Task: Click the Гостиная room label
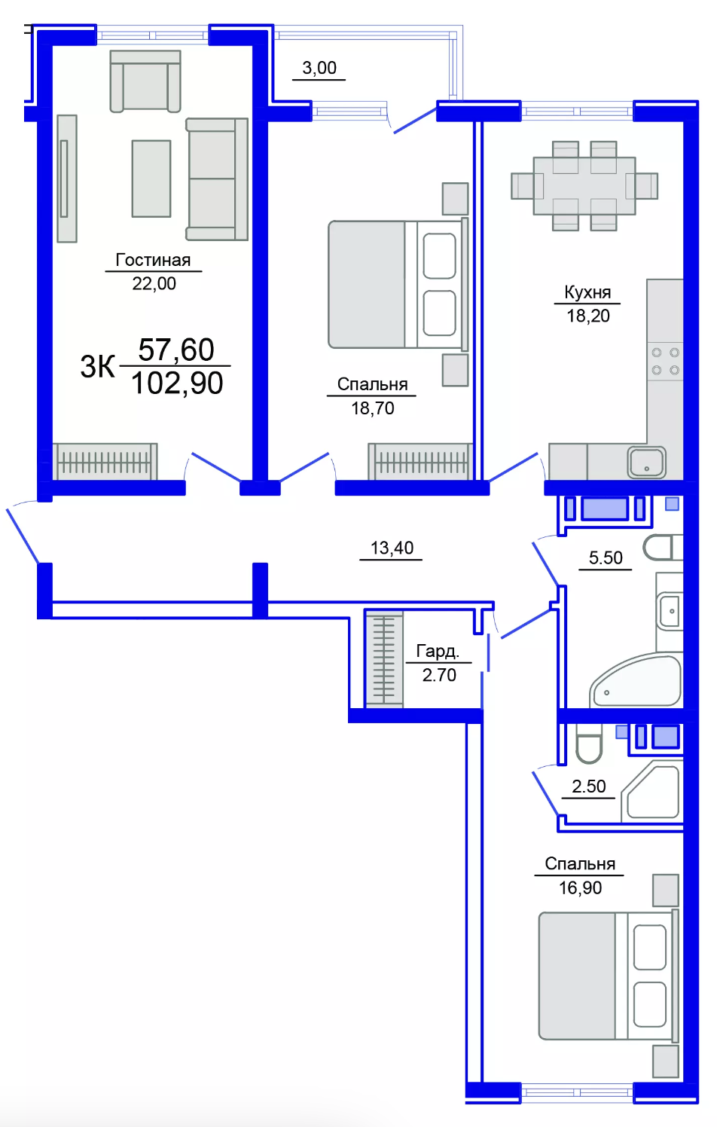tap(153, 260)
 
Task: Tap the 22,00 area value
tap(154, 284)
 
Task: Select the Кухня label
tap(587, 292)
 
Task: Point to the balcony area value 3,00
tap(319, 68)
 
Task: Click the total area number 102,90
tap(177, 383)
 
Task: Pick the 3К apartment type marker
tap(97, 366)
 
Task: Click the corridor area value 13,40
tap(392, 548)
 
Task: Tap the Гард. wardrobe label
tap(438, 652)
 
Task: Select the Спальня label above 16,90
tap(580, 864)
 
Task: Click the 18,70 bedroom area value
tap(372, 408)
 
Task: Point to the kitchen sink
tap(646, 463)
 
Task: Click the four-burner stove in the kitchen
tap(665, 362)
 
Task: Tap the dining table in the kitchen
tap(584, 185)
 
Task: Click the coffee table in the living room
tap(151, 179)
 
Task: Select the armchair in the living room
tap(145, 81)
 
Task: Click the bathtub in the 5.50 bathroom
tap(636, 681)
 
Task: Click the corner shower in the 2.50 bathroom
tap(652, 792)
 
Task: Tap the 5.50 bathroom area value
tap(606, 558)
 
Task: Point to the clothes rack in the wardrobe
tap(384, 659)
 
